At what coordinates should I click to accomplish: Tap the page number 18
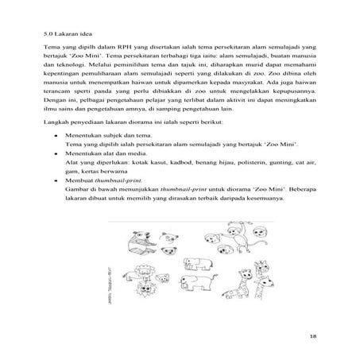(x=314, y=338)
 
